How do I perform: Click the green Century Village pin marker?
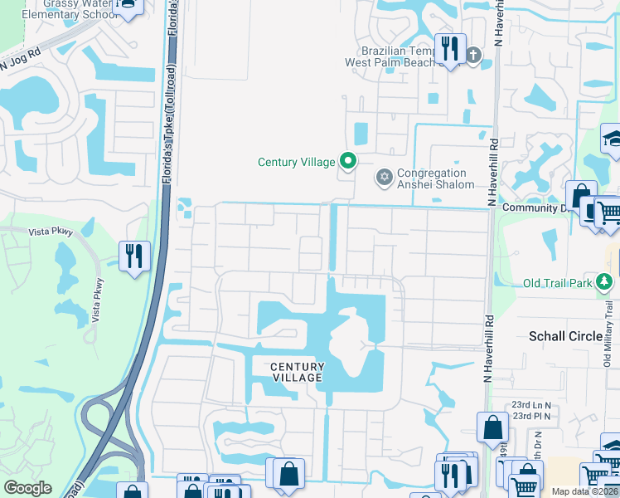[349, 162]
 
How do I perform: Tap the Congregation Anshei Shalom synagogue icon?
[384, 178]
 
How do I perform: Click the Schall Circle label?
[566, 336]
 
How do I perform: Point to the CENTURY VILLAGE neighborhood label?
[296, 372]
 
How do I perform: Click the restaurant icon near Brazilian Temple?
[451, 47]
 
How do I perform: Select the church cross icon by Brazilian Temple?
[473, 56]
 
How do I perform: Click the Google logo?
[27, 488]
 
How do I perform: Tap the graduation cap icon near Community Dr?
[612, 139]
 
